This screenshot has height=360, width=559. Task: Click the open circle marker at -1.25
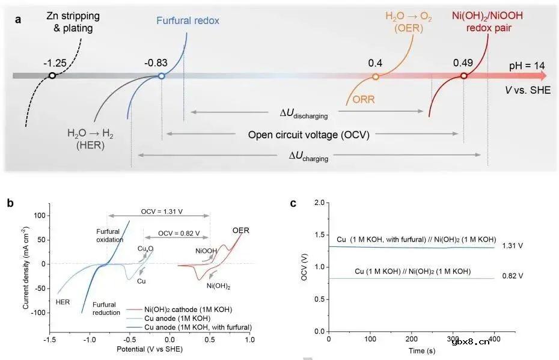click(52, 76)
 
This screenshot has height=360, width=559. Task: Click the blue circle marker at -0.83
click(161, 76)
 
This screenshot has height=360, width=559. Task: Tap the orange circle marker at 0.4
click(376, 76)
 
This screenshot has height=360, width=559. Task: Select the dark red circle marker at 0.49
click(463, 76)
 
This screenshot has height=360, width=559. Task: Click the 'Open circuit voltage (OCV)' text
click(309, 134)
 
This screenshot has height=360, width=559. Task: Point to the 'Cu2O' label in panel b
click(145, 249)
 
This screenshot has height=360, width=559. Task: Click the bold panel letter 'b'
click(10, 203)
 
